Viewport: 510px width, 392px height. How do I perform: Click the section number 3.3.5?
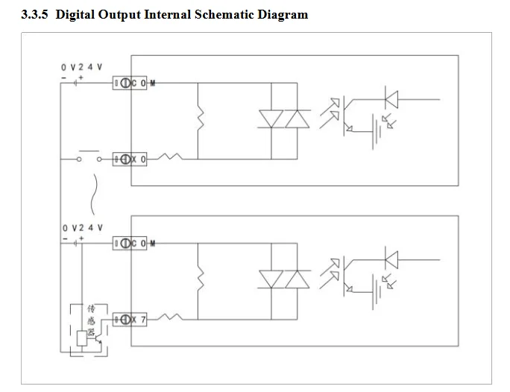pos(35,15)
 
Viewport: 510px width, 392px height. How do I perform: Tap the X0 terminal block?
pos(130,159)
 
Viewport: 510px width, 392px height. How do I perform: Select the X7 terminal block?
pos(130,320)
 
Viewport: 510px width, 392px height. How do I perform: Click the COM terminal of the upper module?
pos(130,83)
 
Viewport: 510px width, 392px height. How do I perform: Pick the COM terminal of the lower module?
pos(130,243)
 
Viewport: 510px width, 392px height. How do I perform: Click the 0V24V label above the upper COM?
pos(81,67)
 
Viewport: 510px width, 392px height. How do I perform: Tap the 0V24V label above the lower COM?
pos(82,227)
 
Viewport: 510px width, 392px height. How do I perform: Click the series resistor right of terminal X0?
pos(170,157)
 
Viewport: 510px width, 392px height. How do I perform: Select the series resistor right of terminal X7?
pos(170,317)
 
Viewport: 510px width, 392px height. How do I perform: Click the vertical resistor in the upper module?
pos(201,119)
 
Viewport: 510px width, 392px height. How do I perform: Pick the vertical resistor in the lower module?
pos(201,279)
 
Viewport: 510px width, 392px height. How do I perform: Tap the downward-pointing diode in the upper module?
pos(271,119)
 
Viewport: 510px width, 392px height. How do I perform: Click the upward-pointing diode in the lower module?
pos(297,279)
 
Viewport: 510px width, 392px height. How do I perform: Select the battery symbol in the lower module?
pos(377,292)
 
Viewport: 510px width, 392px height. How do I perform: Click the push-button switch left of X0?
pos(89,156)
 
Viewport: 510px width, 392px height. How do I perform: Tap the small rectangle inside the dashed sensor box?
pos(81,338)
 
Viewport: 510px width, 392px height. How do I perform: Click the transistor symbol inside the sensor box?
pos(98,338)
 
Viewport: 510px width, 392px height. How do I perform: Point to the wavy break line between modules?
pos(94,195)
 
